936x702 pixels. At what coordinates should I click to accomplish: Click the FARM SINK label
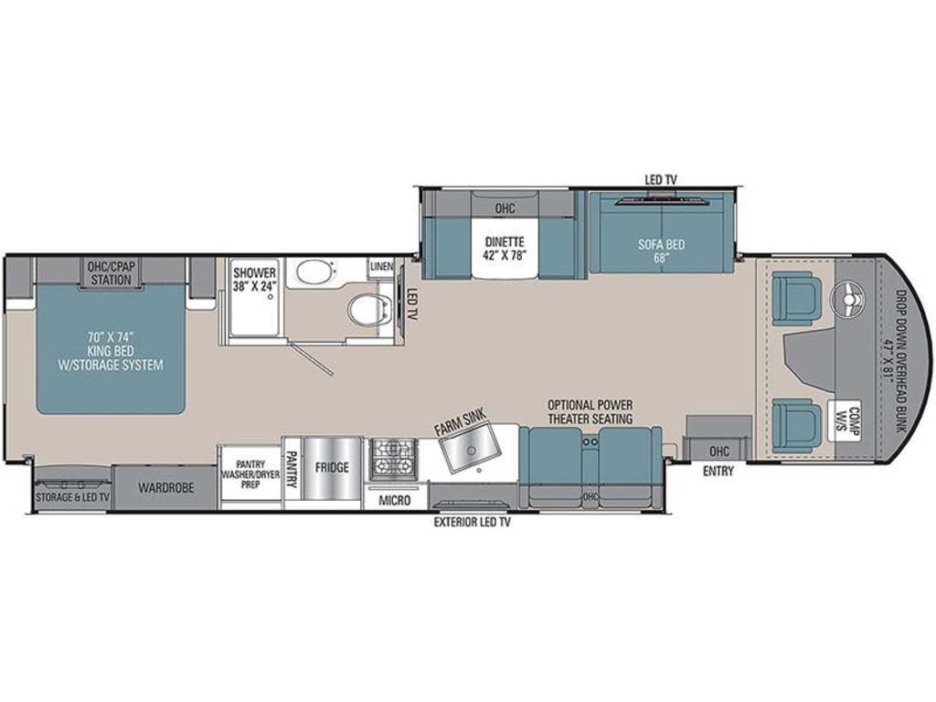tap(461, 422)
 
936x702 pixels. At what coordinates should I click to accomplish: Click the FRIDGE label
tap(332, 467)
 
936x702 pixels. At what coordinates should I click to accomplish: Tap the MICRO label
tap(395, 500)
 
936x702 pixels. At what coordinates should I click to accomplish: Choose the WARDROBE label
tap(166, 488)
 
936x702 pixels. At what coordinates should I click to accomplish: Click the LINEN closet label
tap(381, 266)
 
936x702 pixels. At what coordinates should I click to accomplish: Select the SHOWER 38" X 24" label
tap(255, 280)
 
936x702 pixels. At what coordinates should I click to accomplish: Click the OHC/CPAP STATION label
tap(111, 272)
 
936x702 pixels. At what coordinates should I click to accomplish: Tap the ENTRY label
tap(718, 471)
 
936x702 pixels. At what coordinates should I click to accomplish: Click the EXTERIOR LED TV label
tap(473, 523)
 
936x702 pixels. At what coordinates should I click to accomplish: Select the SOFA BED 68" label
tap(661, 250)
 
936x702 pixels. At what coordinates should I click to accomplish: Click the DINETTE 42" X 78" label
tap(505, 249)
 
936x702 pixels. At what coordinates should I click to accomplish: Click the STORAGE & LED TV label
tap(73, 497)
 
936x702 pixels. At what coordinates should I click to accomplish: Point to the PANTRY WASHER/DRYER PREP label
tap(250, 474)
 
